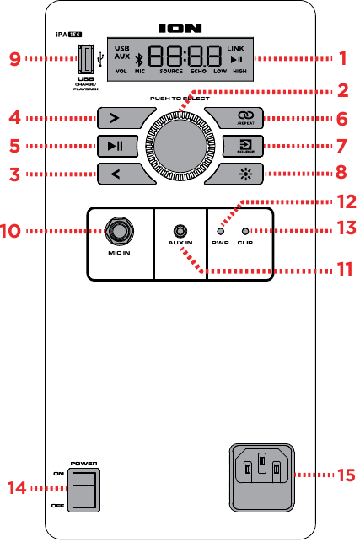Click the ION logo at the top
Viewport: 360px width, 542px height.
pos(180,28)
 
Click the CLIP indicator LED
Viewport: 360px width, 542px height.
pos(245,231)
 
